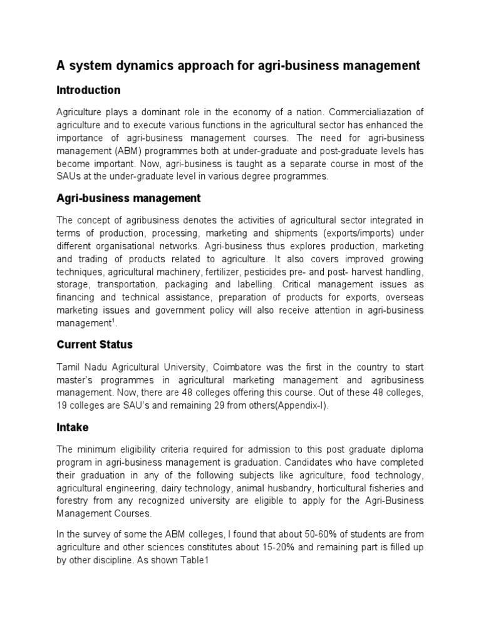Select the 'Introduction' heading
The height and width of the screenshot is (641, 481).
88,90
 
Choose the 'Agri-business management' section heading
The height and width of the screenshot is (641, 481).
128,198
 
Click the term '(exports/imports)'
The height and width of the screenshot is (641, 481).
361,233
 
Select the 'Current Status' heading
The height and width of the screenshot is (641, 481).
95,345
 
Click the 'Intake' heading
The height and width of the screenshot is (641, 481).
73,428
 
